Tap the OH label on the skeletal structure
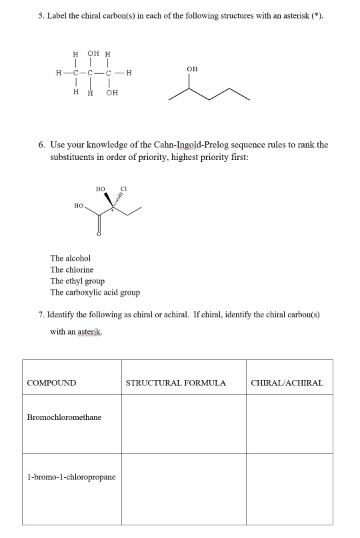click(x=192, y=69)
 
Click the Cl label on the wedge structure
click(x=124, y=189)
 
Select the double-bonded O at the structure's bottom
click(x=99, y=233)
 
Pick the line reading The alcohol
click(x=71, y=257)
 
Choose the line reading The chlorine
click(x=72, y=269)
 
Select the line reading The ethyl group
click(x=78, y=281)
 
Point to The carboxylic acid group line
click(x=95, y=293)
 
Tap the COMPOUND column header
click(x=51, y=383)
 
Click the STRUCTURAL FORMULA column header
click(x=176, y=383)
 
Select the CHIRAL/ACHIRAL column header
click(x=287, y=383)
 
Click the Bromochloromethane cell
click(x=64, y=417)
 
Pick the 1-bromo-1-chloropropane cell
click(x=71, y=477)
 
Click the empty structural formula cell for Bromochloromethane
click(x=183, y=423)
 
